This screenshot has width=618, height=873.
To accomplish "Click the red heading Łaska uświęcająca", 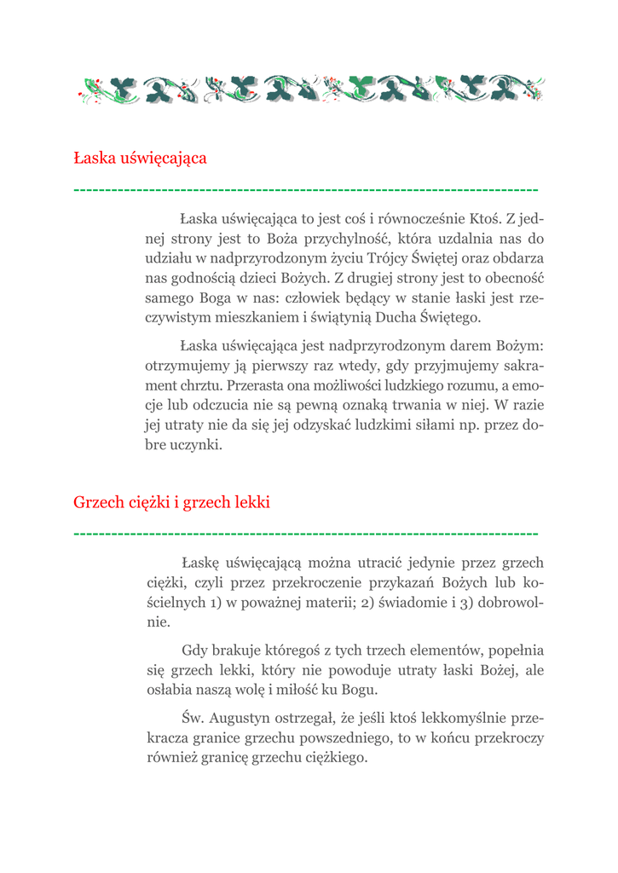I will (140, 159).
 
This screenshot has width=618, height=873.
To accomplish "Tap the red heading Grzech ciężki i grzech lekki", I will (171, 503).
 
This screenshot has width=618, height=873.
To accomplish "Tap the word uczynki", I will (196, 445).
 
